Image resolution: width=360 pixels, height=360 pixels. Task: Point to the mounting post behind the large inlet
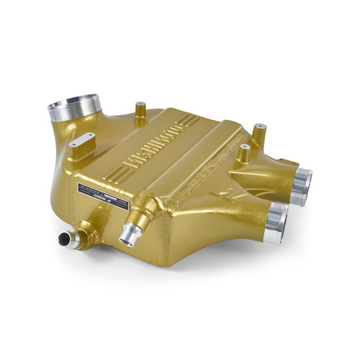pyautogui.click(x=140, y=111)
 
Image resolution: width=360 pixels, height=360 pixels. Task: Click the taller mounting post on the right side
pyautogui.click(x=259, y=135)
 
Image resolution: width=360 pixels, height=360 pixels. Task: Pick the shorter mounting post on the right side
pyautogui.click(x=245, y=153)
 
